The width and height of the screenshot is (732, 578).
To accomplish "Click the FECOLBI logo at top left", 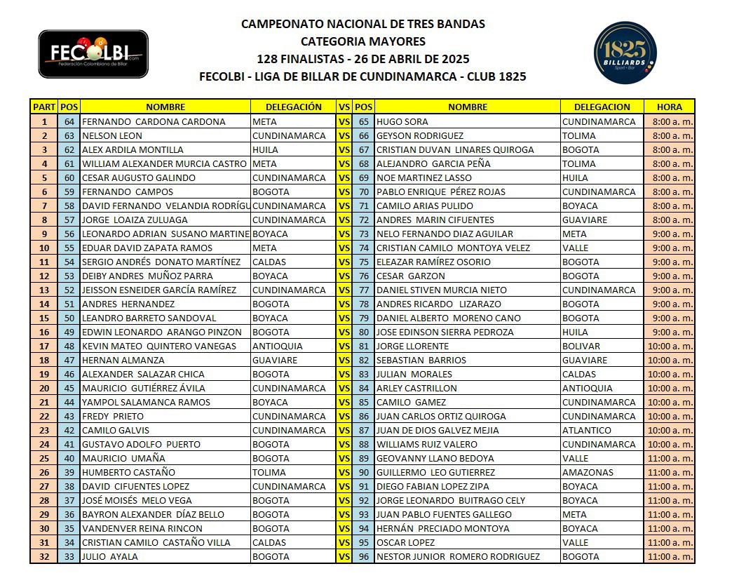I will pyautogui.click(x=93, y=53).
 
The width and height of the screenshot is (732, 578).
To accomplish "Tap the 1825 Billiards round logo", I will pyautogui.click(x=625, y=53).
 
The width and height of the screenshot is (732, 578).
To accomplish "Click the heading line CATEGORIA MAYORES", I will pyautogui.click(x=362, y=41).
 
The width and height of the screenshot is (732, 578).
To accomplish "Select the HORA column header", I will pyautogui.click(x=669, y=107).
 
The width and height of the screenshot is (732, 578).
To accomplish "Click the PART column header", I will pyautogui.click(x=43, y=107).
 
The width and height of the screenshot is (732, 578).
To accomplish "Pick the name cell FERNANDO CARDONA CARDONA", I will pyautogui.click(x=154, y=121).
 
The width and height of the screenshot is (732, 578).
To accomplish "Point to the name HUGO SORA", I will pyautogui.click(x=402, y=121).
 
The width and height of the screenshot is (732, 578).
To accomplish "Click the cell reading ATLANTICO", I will pyautogui.click(x=587, y=430).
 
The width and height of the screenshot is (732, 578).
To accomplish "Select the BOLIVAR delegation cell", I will pyautogui.click(x=581, y=346).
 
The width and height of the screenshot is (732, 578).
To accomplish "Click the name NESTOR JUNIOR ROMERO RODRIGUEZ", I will pyautogui.click(x=458, y=556).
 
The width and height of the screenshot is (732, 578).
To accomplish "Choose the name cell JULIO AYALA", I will pyautogui.click(x=110, y=556).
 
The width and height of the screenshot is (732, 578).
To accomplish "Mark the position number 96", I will pyautogui.click(x=363, y=556).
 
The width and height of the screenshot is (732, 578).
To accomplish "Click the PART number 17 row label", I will pyautogui.click(x=43, y=346).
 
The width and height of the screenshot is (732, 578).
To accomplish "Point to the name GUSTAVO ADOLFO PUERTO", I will pyautogui.click(x=141, y=444).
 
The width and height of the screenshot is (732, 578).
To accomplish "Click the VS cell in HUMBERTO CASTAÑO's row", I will pyautogui.click(x=344, y=472).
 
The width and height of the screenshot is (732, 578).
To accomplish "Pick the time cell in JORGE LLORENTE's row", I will pyautogui.click(x=669, y=346).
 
